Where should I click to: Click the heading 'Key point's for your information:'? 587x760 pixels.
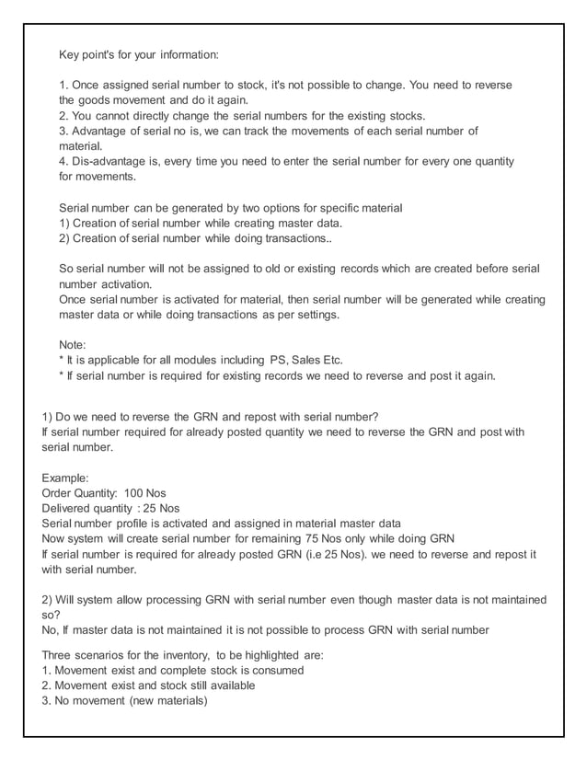(x=139, y=54)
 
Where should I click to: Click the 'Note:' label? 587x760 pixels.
(x=73, y=344)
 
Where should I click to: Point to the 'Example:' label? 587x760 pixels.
(x=66, y=478)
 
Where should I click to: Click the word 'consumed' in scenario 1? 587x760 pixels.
(x=277, y=670)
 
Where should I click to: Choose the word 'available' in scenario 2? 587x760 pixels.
(x=229, y=685)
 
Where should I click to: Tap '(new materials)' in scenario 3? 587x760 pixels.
(x=162, y=700)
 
